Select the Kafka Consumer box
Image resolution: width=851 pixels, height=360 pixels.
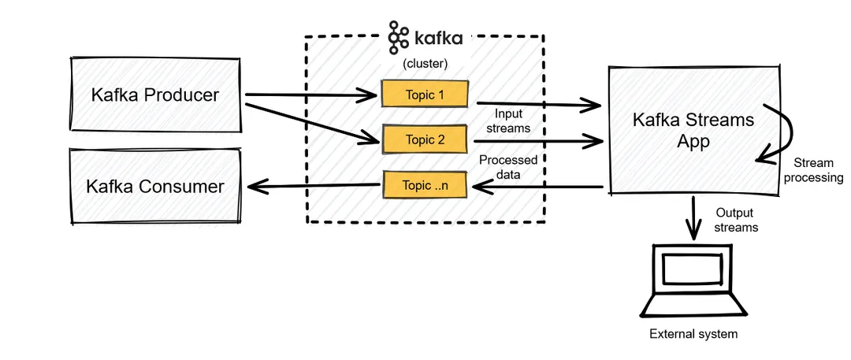click(x=154, y=187)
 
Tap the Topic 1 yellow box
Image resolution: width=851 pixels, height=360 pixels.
click(x=425, y=95)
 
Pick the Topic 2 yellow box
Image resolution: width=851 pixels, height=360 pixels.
click(x=425, y=139)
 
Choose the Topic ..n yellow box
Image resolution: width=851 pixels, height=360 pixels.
click(x=425, y=185)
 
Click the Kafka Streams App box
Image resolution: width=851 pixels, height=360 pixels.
click(x=693, y=130)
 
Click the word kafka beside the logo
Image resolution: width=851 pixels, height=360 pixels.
click(x=439, y=37)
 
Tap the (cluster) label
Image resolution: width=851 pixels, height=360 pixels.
click(x=425, y=64)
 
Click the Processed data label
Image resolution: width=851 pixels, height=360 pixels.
click(x=508, y=167)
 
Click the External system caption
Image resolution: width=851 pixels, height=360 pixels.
click(x=693, y=334)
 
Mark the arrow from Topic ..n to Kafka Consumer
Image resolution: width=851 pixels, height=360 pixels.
click(x=315, y=186)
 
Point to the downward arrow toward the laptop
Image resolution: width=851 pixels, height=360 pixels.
click(x=693, y=218)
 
